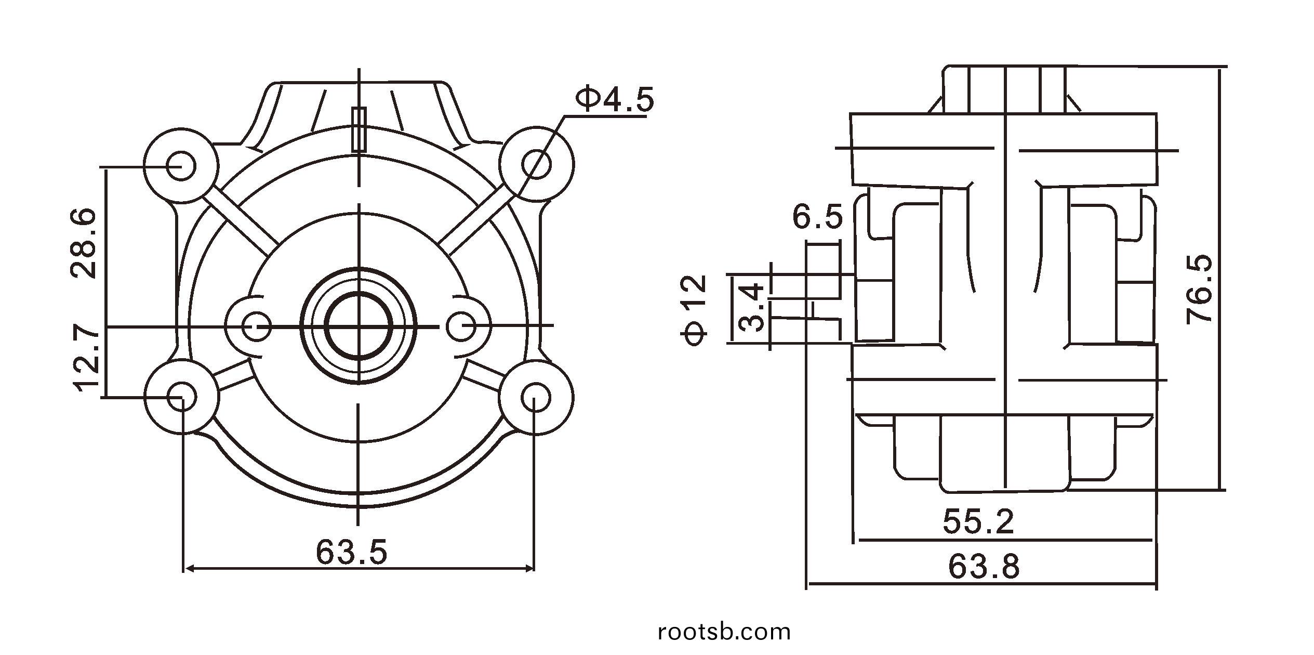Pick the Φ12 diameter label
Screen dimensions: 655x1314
pyautogui.click(x=695, y=310)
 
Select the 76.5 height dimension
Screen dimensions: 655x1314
pyautogui.click(x=1199, y=289)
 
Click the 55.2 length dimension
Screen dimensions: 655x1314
pyautogui.click(x=978, y=521)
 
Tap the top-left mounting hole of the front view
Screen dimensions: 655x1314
pyautogui.click(x=181, y=165)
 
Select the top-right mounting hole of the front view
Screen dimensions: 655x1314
pyautogui.click(x=536, y=164)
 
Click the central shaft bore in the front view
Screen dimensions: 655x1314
pyautogui.click(x=359, y=326)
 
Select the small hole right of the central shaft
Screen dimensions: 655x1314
pyautogui.click(x=461, y=327)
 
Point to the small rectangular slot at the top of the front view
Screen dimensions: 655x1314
pyautogui.click(x=359, y=129)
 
